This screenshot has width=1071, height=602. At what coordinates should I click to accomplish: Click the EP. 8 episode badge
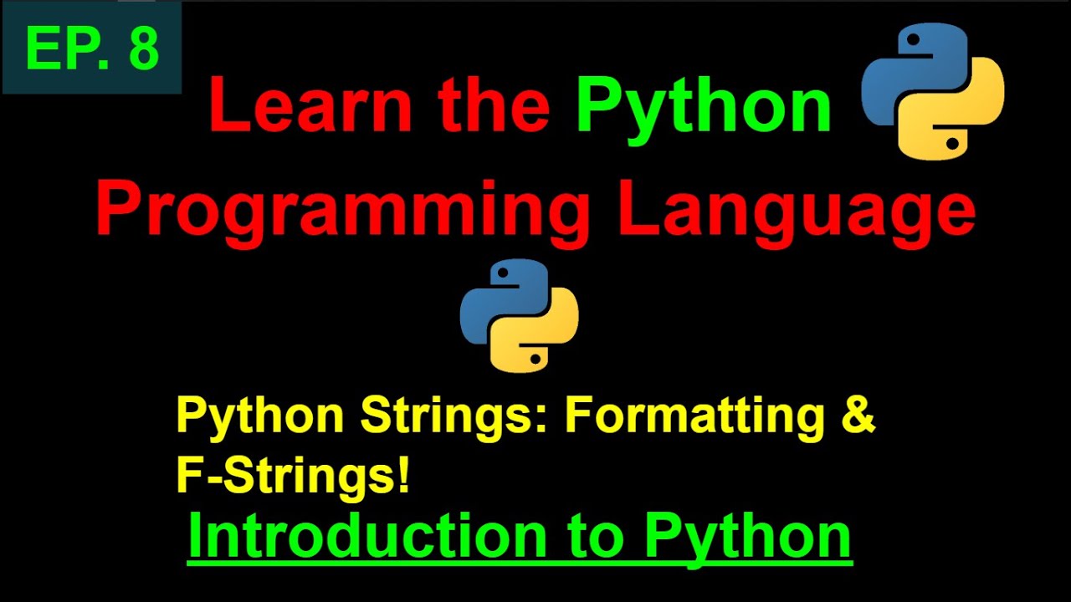[91, 47]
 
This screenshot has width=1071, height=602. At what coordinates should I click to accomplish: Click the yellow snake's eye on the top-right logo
[953, 143]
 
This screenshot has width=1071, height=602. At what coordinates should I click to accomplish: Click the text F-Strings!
[293, 475]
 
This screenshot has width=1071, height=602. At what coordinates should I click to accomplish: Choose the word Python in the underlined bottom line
[747, 537]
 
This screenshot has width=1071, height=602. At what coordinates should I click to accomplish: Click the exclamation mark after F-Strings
[404, 474]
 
